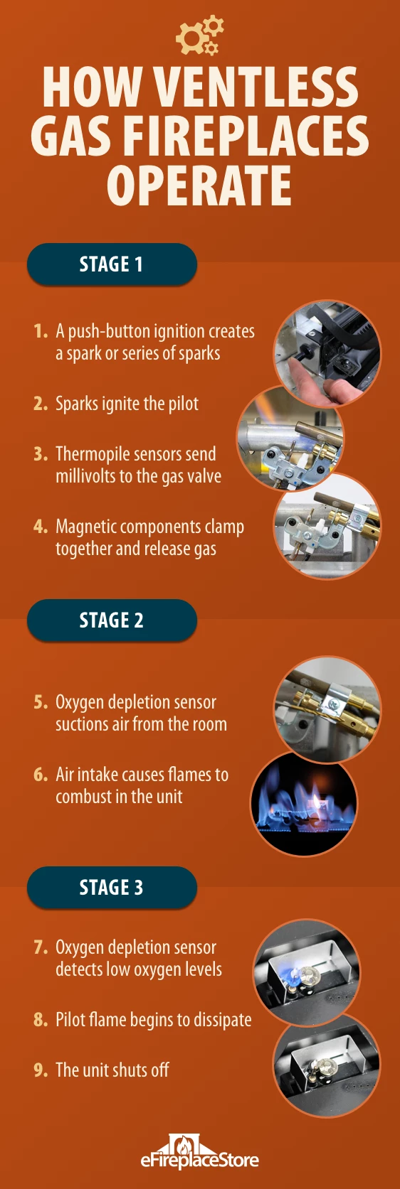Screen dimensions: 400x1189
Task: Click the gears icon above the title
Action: [x=199, y=36]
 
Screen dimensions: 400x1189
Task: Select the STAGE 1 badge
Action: [x=112, y=264]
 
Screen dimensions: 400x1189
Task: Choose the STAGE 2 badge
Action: [x=112, y=620]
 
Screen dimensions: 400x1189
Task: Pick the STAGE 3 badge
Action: [x=112, y=887]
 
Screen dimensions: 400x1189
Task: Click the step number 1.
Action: [x=41, y=331]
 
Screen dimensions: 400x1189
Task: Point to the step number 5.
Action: [x=41, y=702]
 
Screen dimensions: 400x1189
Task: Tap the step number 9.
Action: [x=41, y=1070]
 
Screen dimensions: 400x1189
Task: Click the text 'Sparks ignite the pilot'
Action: [x=127, y=404]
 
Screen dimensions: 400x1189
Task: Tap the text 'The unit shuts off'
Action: [x=112, y=1070]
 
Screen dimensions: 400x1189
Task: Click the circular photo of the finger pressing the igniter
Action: [x=327, y=354]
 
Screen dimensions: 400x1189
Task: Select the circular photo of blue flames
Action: [x=304, y=803]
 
